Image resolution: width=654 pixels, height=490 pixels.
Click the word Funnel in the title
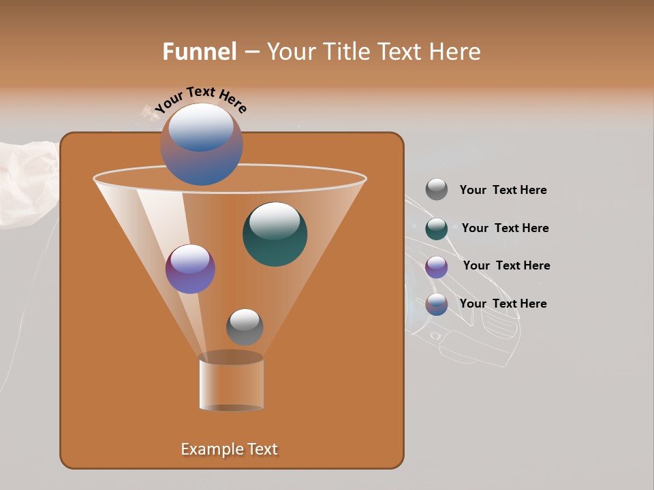[x=199, y=52]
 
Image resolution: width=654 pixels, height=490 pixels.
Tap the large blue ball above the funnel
[x=202, y=144]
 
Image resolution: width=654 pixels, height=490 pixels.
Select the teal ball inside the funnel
[x=275, y=235]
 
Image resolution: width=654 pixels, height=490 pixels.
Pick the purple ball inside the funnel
[x=190, y=269]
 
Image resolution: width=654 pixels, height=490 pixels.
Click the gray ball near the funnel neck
[x=245, y=327]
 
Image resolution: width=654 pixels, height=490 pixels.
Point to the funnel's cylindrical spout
[x=231, y=382]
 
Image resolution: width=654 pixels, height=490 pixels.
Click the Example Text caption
[x=230, y=449]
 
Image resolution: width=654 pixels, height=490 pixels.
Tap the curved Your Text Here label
[x=201, y=99]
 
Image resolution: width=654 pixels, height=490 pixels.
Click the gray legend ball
[x=437, y=190]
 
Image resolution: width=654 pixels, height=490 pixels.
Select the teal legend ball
[x=437, y=229]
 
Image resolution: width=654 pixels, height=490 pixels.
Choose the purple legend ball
[x=437, y=267]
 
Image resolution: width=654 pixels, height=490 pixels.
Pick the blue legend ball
[x=437, y=304]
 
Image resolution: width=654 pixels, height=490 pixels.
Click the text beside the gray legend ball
[x=503, y=191]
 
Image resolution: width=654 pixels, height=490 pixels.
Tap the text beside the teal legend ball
[x=505, y=229]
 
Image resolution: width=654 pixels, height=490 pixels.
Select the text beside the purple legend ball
[x=506, y=266]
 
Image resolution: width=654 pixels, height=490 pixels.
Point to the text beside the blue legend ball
[x=503, y=304]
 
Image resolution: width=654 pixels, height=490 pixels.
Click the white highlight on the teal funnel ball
[x=275, y=220]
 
